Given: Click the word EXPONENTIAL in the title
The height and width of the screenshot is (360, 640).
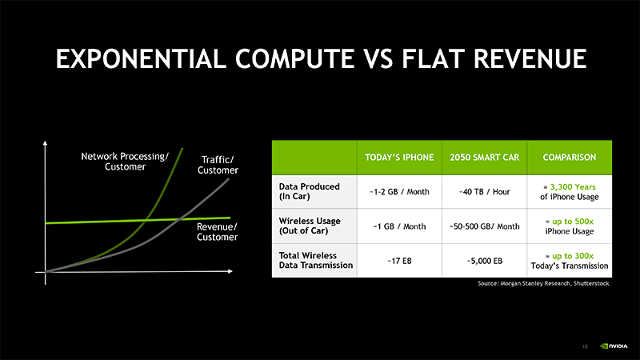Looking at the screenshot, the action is pyautogui.click(x=141, y=58).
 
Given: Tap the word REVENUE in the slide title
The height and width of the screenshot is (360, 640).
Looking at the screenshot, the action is pyautogui.click(x=530, y=58).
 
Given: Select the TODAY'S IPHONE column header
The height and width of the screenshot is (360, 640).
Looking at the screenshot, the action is pyautogui.click(x=399, y=158).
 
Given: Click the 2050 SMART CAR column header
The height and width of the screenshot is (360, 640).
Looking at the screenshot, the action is pyautogui.click(x=485, y=158).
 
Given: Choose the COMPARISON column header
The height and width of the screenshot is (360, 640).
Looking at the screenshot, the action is pyautogui.click(x=570, y=158).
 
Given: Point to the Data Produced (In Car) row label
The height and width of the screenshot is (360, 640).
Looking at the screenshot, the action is pyautogui.click(x=309, y=191).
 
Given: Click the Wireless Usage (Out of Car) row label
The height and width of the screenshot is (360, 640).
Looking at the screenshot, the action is pyautogui.click(x=310, y=226).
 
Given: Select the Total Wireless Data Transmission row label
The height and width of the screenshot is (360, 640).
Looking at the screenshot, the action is pyautogui.click(x=315, y=261).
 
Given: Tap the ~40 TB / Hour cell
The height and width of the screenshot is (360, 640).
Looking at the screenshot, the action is pyautogui.click(x=485, y=192).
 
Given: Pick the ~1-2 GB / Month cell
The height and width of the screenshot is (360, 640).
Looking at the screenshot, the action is pyautogui.click(x=399, y=192).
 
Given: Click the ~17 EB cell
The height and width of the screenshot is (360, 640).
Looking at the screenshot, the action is pyautogui.click(x=399, y=261).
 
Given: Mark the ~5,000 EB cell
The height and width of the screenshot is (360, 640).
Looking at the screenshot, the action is pyautogui.click(x=485, y=261).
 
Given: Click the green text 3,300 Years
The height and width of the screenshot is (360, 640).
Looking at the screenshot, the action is pyautogui.click(x=573, y=187).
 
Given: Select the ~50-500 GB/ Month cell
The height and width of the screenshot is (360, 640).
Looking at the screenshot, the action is pyautogui.click(x=485, y=226).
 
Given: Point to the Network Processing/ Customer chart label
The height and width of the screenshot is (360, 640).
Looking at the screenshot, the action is pyautogui.click(x=125, y=162).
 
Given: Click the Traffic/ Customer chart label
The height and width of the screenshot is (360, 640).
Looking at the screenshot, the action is pyautogui.click(x=218, y=165).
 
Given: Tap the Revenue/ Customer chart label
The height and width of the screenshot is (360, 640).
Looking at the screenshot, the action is pyautogui.click(x=217, y=232).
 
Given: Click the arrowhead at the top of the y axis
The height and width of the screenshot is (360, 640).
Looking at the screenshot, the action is pyautogui.click(x=45, y=143).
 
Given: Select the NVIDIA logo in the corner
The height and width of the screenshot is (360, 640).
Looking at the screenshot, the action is pyautogui.click(x=614, y=346).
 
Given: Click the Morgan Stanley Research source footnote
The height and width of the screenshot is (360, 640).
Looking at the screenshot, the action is pyautogui.click(x=543, y=283).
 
